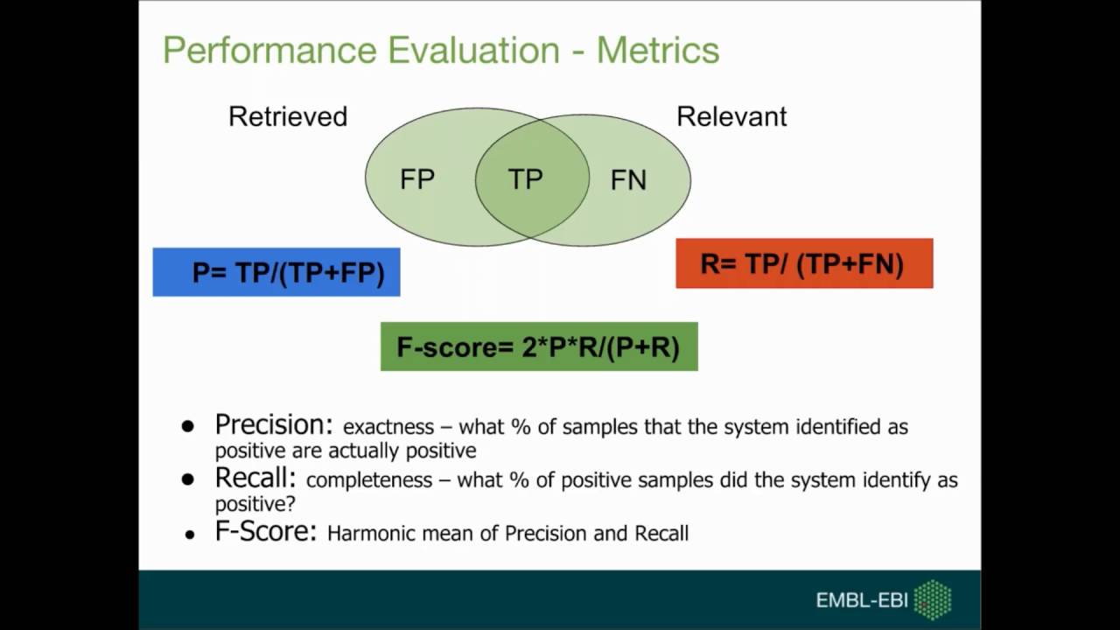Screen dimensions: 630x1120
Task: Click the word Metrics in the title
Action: tap(658, 51)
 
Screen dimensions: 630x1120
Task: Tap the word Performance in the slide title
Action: tap(269, 51)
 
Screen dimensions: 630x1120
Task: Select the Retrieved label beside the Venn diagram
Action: tap(288, 116)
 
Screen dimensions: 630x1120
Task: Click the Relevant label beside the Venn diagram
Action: tap(731, 116)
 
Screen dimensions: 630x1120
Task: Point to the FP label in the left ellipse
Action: tap(417, 179)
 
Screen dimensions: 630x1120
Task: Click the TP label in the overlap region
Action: tap(526, 179)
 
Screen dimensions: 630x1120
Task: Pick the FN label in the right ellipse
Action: tap(628, 180)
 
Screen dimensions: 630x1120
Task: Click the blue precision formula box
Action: tap(276, 272)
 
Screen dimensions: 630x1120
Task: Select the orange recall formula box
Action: tap(804, 263)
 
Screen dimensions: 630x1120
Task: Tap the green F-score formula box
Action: tap(539, 347)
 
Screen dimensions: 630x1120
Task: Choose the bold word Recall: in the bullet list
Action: tap(255, 479)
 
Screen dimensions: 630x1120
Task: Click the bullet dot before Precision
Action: tap(187, 427)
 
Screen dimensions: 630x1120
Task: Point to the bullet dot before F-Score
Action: tap(190, 534)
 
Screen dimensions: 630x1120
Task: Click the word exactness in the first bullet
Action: tap(388, 427)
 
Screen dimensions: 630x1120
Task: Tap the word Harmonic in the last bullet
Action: tap(365, 533)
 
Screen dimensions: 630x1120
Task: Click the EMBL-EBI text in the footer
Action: tap(861, 600)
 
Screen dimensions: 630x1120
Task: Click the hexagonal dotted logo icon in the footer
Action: tap(933, 600)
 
